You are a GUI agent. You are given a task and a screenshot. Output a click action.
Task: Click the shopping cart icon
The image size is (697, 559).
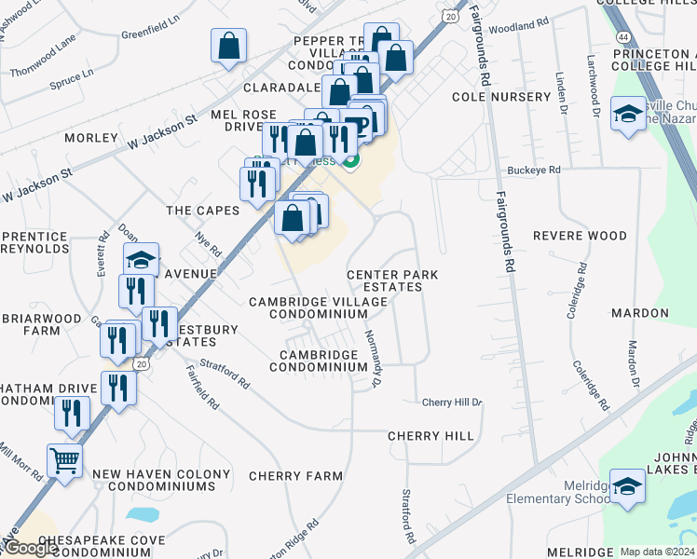click(x=64, y=459)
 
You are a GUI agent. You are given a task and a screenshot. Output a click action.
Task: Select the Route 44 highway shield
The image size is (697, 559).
click(x=622, y=36)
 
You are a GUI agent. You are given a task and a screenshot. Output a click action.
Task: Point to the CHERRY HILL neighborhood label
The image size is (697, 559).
click(x=430, y=436)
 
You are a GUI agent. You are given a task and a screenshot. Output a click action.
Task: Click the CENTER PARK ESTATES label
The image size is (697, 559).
click(x=391, y=280)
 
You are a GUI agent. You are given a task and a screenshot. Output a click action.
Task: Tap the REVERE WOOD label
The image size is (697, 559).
click(x=580, y=236)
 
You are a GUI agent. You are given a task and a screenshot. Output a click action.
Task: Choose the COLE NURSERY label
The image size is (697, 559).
click(x=501, y=97)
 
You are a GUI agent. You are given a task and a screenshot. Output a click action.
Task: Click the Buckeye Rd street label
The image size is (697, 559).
click(x=534, y=170)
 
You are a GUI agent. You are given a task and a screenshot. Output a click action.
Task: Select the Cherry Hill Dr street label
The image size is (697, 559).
click(x=452, y=402)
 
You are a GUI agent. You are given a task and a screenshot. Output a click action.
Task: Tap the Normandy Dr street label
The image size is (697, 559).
click(x=374, y=359)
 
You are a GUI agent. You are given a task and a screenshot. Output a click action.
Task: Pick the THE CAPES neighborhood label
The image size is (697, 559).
click(x=203, y=211)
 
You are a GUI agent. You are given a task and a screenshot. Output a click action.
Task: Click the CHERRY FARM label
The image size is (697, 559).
click(x=296, y=476)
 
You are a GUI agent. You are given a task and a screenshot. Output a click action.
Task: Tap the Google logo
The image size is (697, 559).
click(x=32, y=548)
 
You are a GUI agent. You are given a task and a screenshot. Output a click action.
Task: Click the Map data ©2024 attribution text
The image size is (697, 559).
click(x=657, y=552)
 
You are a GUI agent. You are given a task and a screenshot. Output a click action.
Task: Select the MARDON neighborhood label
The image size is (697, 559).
click(x=640, y=313)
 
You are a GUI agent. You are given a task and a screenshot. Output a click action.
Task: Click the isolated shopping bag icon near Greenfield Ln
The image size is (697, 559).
click(x=228, y=46)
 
